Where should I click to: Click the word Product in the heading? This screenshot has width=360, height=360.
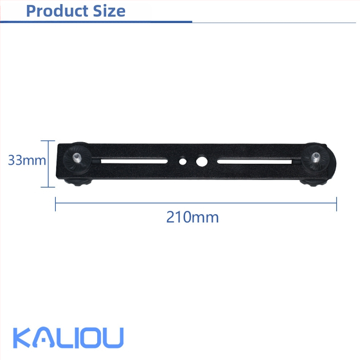click(x=57, y=11)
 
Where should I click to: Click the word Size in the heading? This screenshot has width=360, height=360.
click(x=109, y=11)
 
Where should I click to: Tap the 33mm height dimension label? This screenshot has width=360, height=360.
click(x=27, y=160)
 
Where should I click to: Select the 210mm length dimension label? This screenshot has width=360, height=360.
click(x=193, y=217)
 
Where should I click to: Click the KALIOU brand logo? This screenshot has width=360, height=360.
click(x=68, y=337)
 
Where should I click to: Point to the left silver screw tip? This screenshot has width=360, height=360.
click(x=77, y=157)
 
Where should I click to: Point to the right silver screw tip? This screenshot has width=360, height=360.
click(x=316, y=157)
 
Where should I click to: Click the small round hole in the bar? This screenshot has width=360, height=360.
click(x=183, y=161)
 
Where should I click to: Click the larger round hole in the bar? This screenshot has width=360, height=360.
click(x=202, y=162)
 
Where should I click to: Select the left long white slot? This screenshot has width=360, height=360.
click(x=134, y=161)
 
